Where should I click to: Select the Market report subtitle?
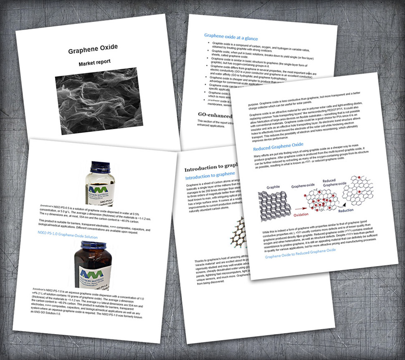(95, 62)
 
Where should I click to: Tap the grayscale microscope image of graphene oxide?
(96, 101)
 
